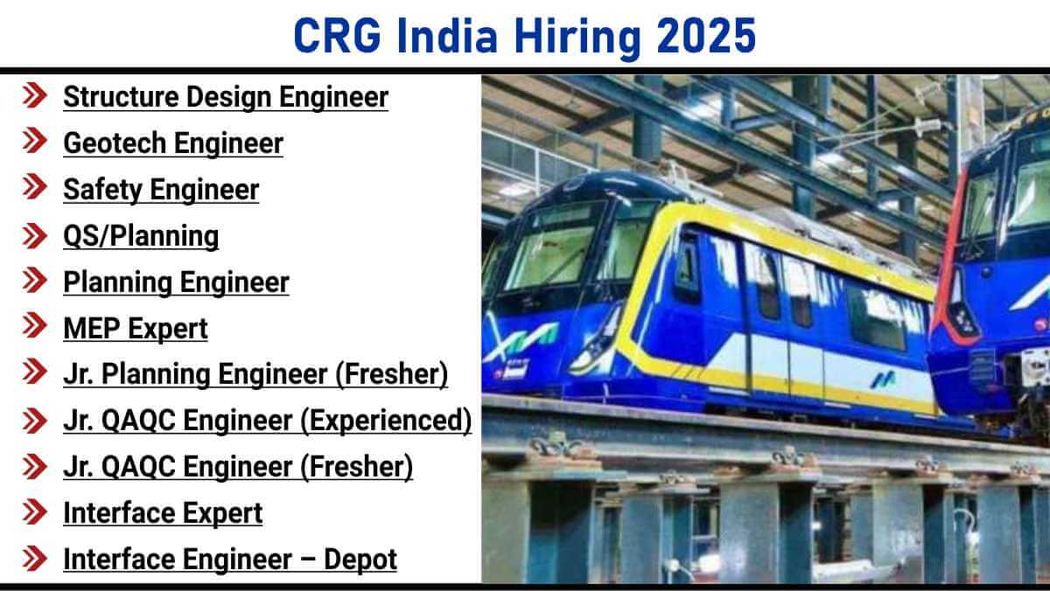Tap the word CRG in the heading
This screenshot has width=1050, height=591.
point(338,36)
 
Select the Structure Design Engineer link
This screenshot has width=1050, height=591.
point(226,97)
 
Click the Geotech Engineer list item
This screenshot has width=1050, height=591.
point(173,143)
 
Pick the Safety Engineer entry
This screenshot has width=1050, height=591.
point(161,190)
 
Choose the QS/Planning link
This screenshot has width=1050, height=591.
point(141,235)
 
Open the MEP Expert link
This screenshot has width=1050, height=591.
point(135,328)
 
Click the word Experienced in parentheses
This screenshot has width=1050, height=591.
point(385,420)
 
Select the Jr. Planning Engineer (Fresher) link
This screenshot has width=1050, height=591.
point(255,374)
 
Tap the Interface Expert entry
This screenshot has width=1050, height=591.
point(163,513)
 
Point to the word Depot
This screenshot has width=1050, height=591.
point(360,560)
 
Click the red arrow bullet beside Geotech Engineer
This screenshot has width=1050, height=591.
point(35,141)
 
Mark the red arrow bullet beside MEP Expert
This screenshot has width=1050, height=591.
point(35,325)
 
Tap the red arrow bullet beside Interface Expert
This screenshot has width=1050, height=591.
point(35,511)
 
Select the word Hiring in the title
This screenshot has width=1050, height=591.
point(578,38)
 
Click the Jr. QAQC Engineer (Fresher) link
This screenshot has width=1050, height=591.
point(238,467)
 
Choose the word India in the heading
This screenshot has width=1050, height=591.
point(447,36)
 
